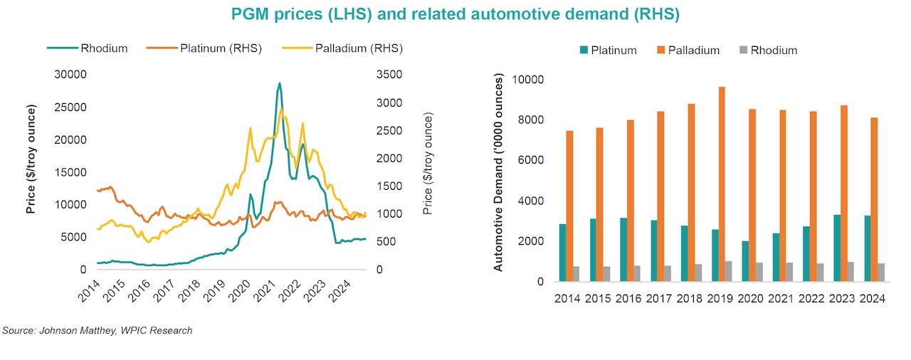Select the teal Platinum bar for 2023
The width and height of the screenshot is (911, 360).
[x=821, y=248]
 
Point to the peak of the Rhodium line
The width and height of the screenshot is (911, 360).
[x=279, y=84]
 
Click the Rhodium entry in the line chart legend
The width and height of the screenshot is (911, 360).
[x=88, y=48]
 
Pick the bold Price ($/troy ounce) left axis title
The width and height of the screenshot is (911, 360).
[x=31, y=159]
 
